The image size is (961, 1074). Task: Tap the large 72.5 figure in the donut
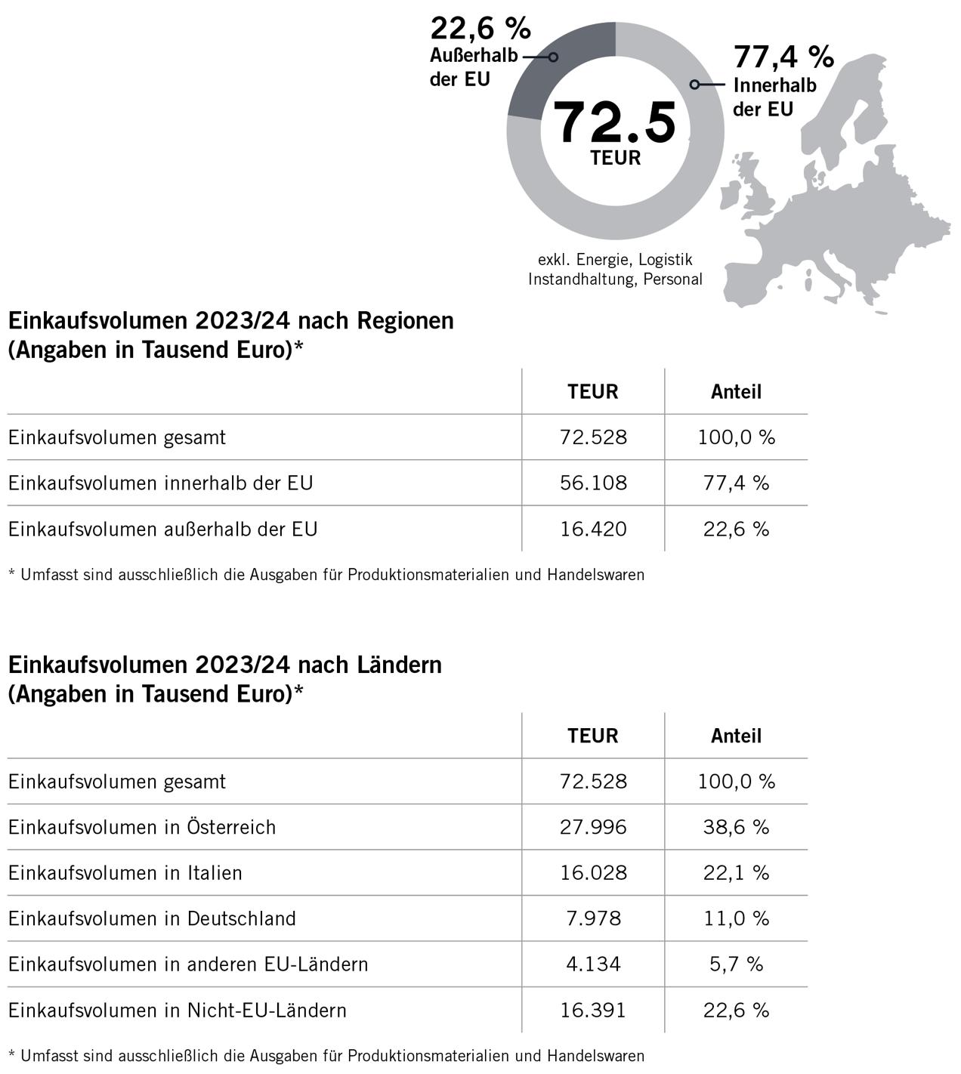614,123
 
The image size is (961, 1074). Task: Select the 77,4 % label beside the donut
783,57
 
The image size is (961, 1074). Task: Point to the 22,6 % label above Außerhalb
480,29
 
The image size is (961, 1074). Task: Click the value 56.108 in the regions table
593,483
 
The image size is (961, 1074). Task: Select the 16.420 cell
593,529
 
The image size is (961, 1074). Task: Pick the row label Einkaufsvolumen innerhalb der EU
160,483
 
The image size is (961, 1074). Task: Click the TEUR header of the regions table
593,392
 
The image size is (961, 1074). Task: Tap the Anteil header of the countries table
736,736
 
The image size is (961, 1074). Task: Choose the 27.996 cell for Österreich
593,827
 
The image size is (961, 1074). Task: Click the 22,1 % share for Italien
736,873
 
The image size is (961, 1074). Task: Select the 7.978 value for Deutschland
593,918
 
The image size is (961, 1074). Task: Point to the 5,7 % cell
736,964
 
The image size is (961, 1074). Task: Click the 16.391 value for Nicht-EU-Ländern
593,1011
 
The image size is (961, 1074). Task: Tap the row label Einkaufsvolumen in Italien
125,873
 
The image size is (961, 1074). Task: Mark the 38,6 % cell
736,827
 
